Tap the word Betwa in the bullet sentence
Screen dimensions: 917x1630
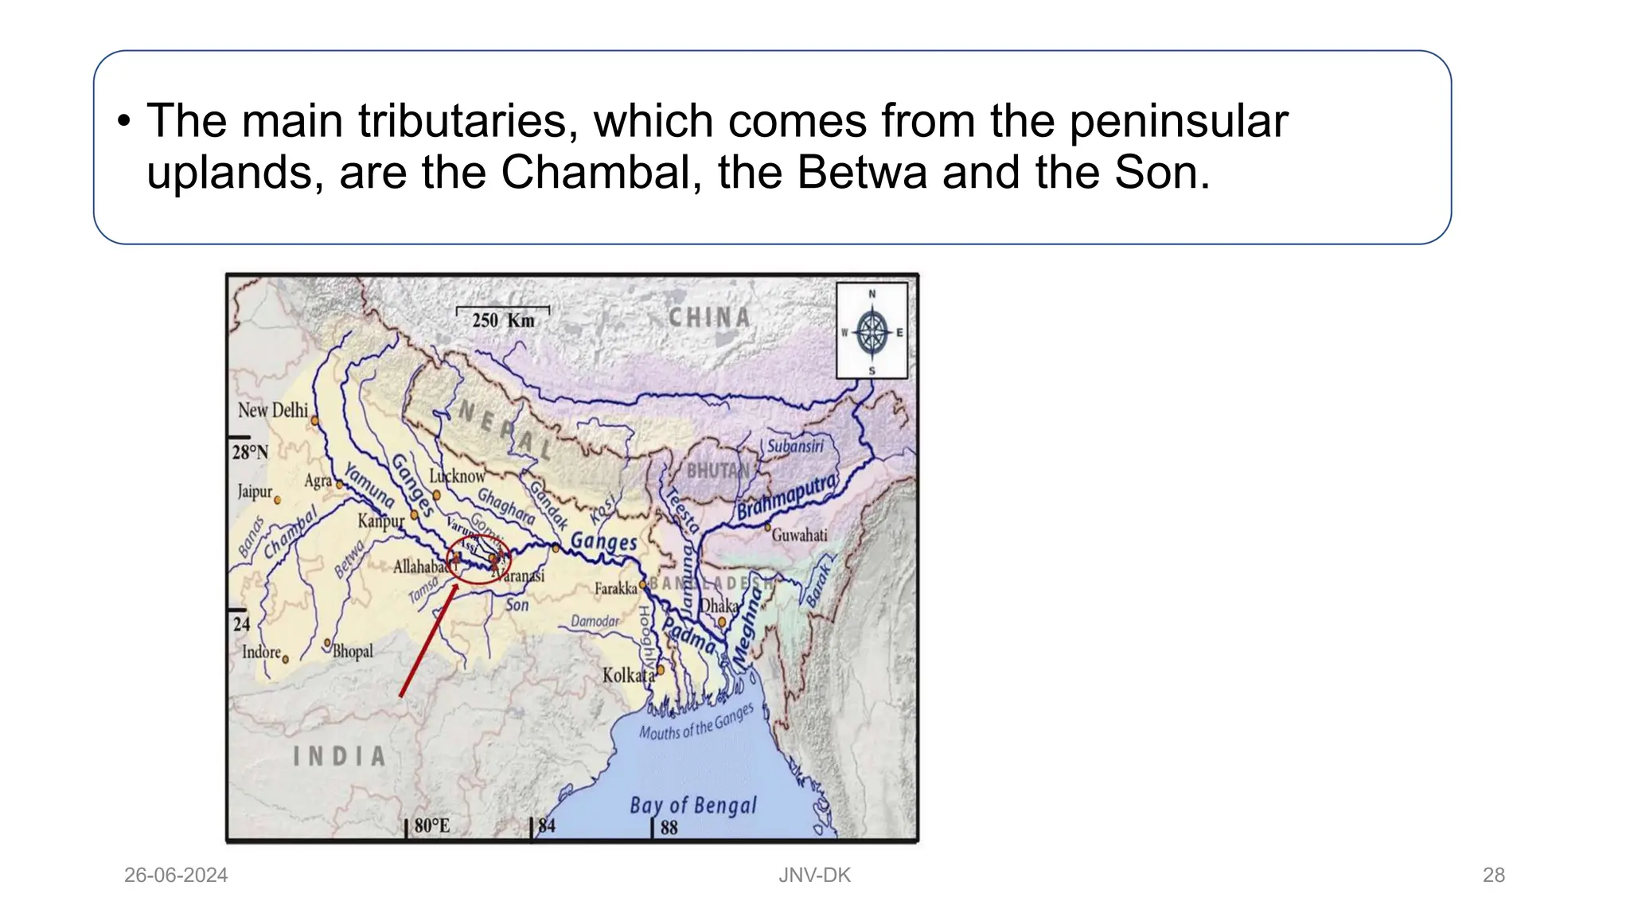pyautogui.click(x=862, y=173)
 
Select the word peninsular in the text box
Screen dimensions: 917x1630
pyautogui.click(x=1178, y=122)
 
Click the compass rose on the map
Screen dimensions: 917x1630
pyautogui.click(x=872, y=331)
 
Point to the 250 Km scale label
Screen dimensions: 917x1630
pyautogui.click(x=503, y=320)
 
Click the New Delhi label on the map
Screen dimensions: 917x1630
pyautogui.click(x=273, y=410)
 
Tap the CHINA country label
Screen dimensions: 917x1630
pyautogui.click(x=709, y=318)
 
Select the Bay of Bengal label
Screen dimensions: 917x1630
pyautogui.click(x=693, y=806)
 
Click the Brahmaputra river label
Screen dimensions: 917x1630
pyautogui.click(x=786, y=497)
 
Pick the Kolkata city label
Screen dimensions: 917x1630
pyautogui.click(x=628, y=676)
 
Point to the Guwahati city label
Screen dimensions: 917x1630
pyautogui.click(x=799, y=535)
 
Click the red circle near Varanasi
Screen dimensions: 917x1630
pyautogui.click(x=478, y=560)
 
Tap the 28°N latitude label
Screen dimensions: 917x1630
pyautogui.click(x=250, y=452)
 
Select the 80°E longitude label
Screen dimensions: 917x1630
pyautogui.click(x=431, y=825)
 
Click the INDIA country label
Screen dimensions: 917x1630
pyautogui.click(x=339, y=756)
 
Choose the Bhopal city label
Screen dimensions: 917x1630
pyautogui.click(x=352, y=651)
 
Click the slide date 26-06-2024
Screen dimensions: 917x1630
pyautogui.click(x=176, y=876)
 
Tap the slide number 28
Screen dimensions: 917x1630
pyautogui.click(x=1493, y=876)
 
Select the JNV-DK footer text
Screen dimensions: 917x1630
pyautogui.click(x=814, y=876)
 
